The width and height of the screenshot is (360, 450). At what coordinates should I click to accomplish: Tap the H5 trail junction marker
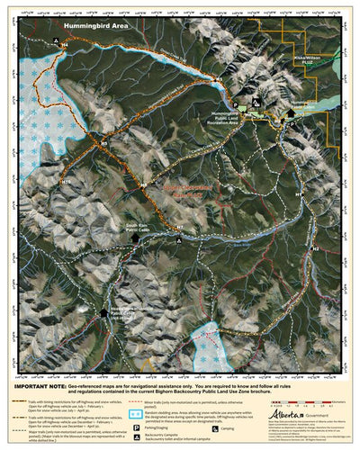pos(104,141)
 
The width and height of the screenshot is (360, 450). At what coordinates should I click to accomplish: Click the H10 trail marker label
pos(67,181)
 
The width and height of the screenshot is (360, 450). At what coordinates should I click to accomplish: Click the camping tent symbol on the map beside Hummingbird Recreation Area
pos(256,104)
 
